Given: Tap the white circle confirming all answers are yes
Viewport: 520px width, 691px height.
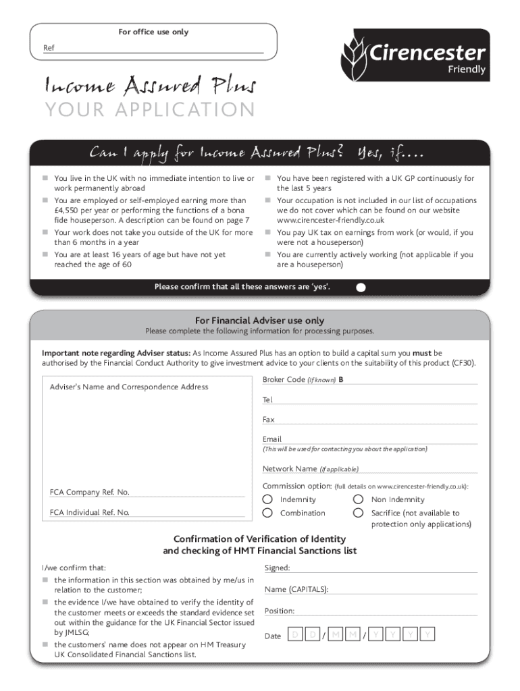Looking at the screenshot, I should click(x=361, y=287).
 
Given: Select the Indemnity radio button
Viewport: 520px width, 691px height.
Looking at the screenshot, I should click(x=267, y=499).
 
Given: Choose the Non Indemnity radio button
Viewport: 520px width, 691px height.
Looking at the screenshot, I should click(x=359, y=499).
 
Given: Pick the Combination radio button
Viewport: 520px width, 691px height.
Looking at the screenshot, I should click(x=267, y=513).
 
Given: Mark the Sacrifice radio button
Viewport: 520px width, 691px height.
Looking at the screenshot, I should click(x=359, y=513).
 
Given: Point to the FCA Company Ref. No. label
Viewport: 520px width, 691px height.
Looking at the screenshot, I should click(x=89, y=492).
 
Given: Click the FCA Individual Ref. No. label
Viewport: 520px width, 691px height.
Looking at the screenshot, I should click(x=89, y=512).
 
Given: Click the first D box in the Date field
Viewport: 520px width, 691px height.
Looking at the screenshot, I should click(x=294, y=635).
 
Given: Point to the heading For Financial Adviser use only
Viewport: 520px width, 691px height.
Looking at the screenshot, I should click(x=259, y=321).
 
